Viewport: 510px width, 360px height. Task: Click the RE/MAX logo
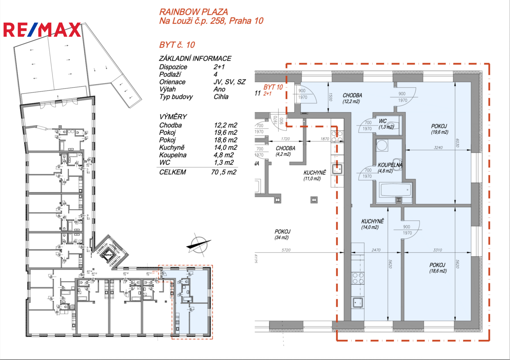[x=42, y=30]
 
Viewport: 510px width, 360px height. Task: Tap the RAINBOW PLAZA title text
[x=194, y=12]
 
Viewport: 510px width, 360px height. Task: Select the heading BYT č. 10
[x=177, y=45]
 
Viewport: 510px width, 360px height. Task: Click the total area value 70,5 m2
[x=224, y=172]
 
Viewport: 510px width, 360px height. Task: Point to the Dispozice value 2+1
[x=219, y=67]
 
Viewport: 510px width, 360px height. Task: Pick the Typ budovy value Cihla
[x=221, y=97]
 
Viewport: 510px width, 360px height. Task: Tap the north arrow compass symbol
[x=199, y=246]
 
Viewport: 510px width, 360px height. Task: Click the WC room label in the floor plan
[x=383, y=121]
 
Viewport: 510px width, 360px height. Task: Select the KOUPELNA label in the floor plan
[x=390, y=165]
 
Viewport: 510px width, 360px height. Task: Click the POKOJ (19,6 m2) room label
[x=439, y=129]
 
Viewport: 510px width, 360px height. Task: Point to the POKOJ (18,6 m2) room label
[x=437, y=268]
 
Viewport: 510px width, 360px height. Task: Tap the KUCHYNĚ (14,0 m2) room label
[x=372, y=224]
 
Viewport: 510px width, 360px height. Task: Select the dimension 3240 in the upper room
[x=438, y=147]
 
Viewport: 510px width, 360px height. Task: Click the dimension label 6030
[x=458, y=143]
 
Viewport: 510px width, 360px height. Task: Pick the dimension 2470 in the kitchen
[x=376, y=250]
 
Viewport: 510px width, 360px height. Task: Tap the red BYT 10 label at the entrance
[x=273, y=87]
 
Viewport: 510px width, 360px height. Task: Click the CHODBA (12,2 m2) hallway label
[x=352, y=98]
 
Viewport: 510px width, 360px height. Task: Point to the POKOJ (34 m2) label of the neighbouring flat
[x=282, y=234]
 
